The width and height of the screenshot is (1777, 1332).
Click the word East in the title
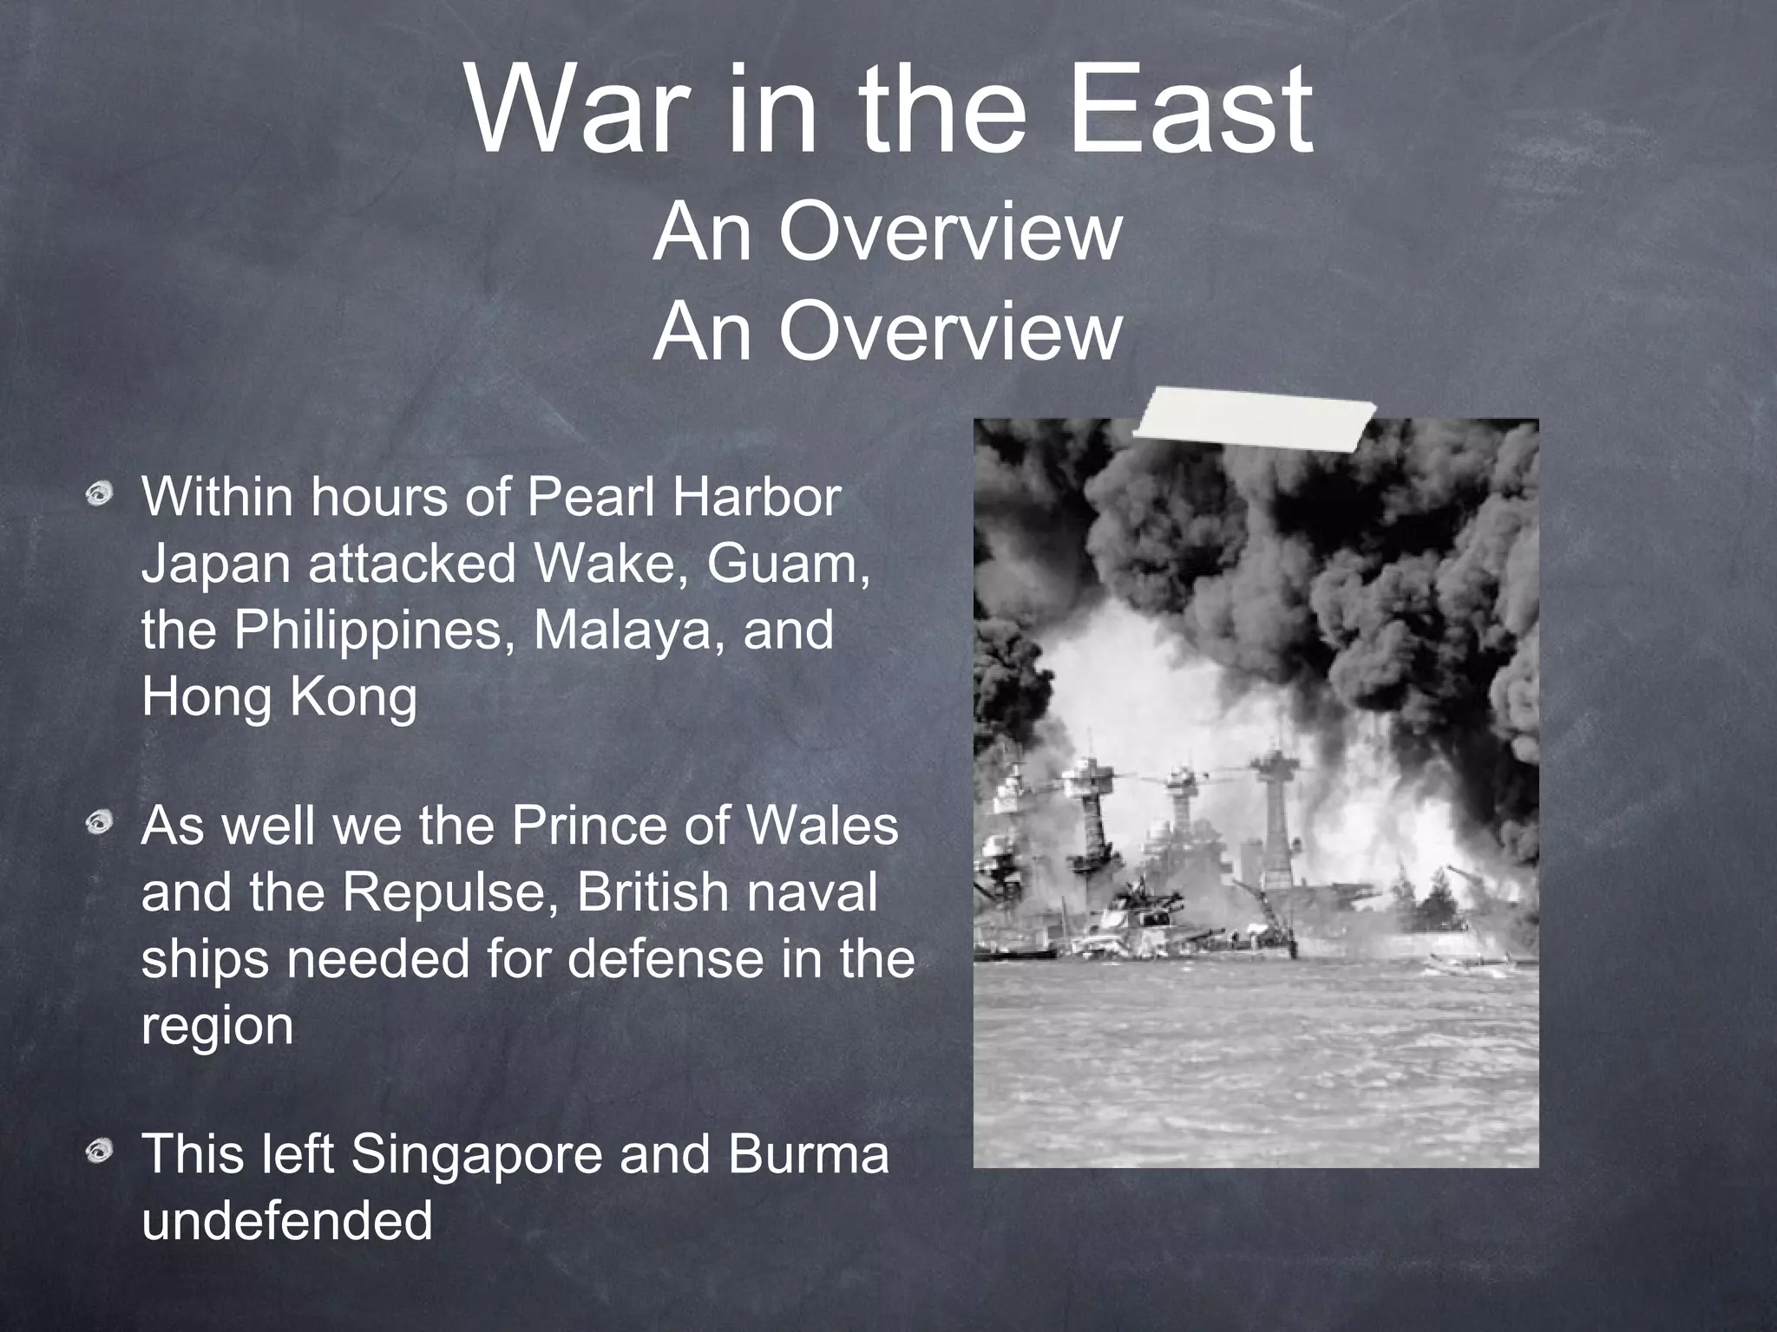[x=1189, y=110]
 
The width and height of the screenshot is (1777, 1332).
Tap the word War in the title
[x=572, y=110]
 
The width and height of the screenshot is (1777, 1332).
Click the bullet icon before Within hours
[x=102, y=496]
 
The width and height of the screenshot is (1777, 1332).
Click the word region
[x=217, y=1027]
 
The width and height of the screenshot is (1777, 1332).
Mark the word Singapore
[x=475, y=1155]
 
